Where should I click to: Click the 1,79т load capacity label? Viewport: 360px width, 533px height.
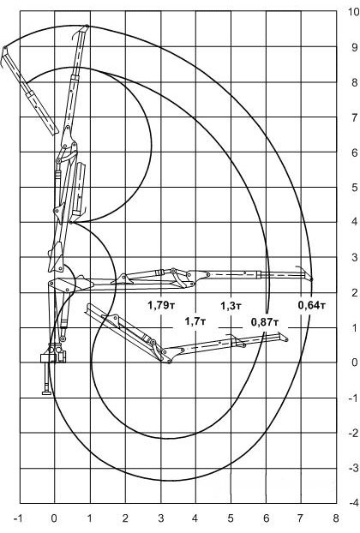[161, 305]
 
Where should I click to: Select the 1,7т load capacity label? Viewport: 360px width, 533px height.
[195, 321]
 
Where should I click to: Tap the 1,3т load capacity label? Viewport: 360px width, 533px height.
[231, 306]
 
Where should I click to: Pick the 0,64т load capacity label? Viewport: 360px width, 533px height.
[312, 305]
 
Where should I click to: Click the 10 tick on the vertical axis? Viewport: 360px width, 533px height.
[353, 11]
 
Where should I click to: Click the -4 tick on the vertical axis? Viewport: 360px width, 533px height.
[353, 503]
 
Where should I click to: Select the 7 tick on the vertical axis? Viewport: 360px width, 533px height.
[355, 117]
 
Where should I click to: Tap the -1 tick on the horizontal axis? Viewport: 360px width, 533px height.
[18, 518]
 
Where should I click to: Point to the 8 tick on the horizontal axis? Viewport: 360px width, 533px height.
[336, 518]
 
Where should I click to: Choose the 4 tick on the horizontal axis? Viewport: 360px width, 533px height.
[195, 518]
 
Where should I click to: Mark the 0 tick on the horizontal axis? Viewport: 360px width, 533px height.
[54, 518]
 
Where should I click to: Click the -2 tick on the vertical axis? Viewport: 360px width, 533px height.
[353, 433]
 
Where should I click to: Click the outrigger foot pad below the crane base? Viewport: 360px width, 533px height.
[46, 393]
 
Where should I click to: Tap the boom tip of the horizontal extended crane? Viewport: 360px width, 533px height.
[312, 279]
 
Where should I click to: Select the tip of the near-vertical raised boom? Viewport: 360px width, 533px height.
[87, 26]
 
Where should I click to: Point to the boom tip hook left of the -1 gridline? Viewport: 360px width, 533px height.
[4, 48]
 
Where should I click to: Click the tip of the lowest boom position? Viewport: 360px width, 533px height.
[286, 339]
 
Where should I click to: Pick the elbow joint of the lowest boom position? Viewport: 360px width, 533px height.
[169, 361]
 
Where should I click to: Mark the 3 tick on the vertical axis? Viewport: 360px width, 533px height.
[355, 257]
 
